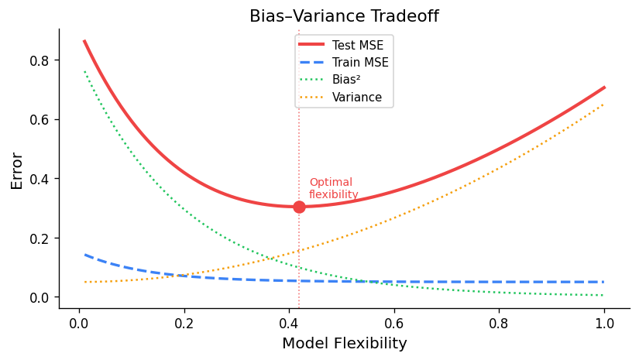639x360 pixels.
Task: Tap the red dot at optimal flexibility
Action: point(299,207)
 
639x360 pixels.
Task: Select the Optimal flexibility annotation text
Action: point(334,188)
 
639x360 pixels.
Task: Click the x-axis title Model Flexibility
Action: point(344,343)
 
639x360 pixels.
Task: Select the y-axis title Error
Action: point(17,170)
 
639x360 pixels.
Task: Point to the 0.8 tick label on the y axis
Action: point(40,60)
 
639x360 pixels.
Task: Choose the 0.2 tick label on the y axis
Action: point(40,238)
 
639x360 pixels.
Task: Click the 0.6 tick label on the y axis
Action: point(40,120)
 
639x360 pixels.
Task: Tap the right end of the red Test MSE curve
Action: point(604,87)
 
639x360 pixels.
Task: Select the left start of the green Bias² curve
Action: point(84,71)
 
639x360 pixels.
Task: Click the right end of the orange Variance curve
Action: point(604,104)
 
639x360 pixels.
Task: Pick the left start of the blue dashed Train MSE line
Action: point(84,254)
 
